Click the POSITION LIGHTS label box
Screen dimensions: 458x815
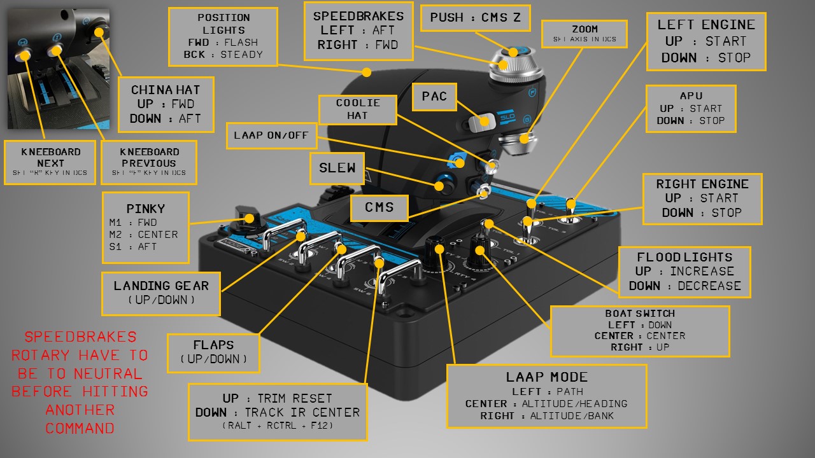point(223,36)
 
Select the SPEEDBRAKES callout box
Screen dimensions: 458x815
point(358,31)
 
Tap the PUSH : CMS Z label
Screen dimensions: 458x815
point(475,18)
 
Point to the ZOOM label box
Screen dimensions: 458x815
point(585,34)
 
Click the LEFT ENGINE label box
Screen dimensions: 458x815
point(705,41)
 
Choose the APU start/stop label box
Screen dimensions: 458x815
point(691,108)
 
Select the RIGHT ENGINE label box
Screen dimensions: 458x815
point(702,198)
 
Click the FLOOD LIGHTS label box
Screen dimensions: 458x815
point(684,272)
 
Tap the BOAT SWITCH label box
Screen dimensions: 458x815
point(639,331)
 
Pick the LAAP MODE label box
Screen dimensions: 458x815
point(546,396)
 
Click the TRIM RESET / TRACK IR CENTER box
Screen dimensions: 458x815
point(278,412)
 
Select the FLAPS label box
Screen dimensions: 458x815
point(213,352)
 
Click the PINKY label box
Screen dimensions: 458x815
point(146,227)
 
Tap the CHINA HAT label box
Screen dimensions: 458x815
point(165,104)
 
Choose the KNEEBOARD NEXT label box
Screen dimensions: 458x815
point(50,162)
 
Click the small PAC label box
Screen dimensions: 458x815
point(434,97)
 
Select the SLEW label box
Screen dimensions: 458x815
point(337,169)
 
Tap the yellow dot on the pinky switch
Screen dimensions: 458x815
point(250,218)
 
